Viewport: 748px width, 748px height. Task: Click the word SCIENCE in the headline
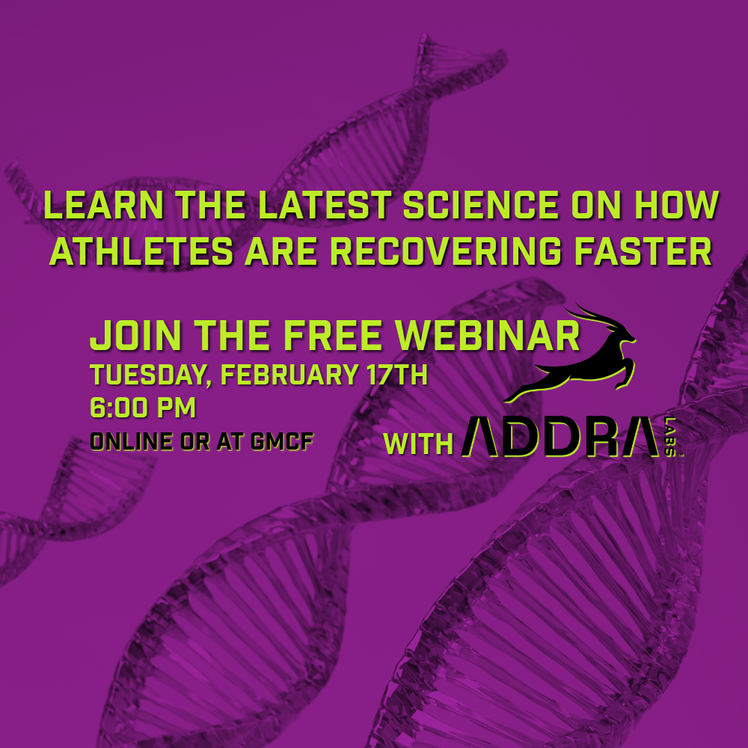point(480,205)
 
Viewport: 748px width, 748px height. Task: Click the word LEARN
point(104,205)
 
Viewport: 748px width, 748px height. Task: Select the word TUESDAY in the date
point(150,375)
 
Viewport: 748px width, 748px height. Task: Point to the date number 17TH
point(397,375)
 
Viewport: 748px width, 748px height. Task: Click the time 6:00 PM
point(143,408)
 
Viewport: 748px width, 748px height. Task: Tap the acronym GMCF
point(281,441)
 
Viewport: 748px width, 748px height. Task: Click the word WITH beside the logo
point(418,444)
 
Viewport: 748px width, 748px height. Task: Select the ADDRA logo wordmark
point(560,436)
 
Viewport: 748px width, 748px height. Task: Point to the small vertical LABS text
point(669,436)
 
